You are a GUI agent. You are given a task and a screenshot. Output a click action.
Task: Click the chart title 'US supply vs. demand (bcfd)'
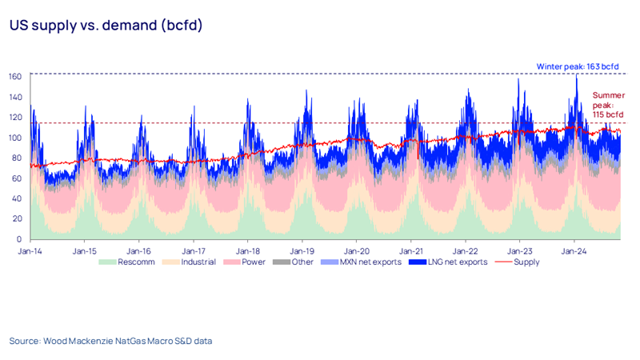106,26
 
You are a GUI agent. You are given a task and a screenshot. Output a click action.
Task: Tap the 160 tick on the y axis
14,77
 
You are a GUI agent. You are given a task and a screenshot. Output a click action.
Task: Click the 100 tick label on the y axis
14,138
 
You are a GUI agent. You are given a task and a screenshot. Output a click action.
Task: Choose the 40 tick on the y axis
17,198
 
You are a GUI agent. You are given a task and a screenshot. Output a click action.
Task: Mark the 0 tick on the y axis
19,239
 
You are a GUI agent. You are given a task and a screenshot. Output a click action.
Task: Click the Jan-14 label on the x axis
30,250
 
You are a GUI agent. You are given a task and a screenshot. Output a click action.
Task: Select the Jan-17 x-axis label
193,250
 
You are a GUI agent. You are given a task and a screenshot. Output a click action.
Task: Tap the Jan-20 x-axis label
356,250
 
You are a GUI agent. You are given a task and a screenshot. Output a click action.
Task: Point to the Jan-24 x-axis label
574,250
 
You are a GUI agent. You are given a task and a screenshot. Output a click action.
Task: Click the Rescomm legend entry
133,262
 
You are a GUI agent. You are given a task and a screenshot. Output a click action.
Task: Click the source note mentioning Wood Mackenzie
111,341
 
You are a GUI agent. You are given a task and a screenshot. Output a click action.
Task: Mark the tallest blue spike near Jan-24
576,77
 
